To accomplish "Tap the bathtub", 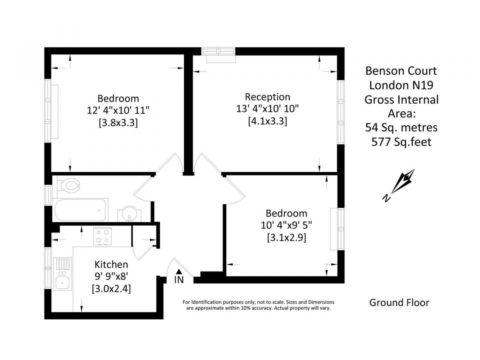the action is (x=80, y=210).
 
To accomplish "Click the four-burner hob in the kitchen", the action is (x=102, y=236).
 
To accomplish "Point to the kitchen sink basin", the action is (x=62, y=283).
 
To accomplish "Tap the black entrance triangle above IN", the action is (x=179, y=271).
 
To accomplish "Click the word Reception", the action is (x=268, y=97).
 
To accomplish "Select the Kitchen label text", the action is (x=111, y=264).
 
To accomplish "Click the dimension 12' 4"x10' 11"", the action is (x=118, y=111).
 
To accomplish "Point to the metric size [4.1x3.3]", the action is (x=268, y=121).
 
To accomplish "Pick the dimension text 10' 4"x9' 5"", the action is (x=286, y=225).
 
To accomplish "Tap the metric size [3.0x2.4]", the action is (x=111, y=289).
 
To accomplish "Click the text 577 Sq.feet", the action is (x=402, y=142).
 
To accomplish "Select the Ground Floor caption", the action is (x=399, y=303).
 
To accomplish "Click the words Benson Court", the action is (x=401, y=71).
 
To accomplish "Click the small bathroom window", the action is (x=48, y=195).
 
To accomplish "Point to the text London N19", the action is (x=401, y=85).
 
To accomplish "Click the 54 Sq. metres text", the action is (x=402, y=128).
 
